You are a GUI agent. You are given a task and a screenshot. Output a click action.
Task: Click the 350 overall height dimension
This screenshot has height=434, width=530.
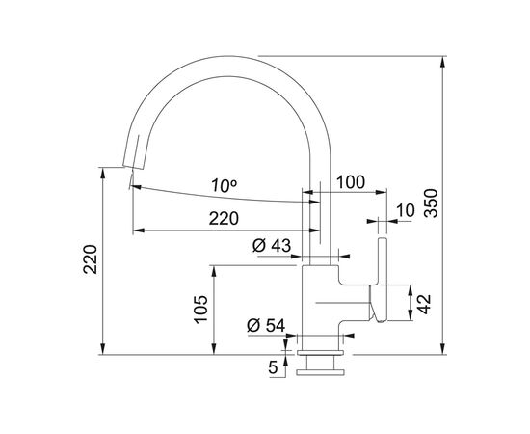point(431,203)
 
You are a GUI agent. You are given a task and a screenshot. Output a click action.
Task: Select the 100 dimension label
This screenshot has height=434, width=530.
point(351,182)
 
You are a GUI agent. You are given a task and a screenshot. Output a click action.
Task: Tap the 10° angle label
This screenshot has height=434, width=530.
point(224,185)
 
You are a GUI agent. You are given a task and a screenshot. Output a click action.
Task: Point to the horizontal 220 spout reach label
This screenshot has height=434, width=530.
point(224,218)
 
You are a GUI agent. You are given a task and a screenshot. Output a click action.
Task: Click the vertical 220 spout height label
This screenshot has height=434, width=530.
point(91,259)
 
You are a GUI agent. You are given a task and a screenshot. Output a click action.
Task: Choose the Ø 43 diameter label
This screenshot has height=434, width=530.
point(272,246)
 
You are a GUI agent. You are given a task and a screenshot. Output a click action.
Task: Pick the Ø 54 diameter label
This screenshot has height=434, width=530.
point(266,326)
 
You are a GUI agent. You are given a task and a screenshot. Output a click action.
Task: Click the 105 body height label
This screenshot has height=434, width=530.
point(200,310)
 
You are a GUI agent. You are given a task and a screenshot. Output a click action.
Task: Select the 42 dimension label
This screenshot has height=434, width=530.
point(424,304)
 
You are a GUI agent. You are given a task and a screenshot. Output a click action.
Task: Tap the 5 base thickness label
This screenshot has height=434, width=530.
point(273,367)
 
